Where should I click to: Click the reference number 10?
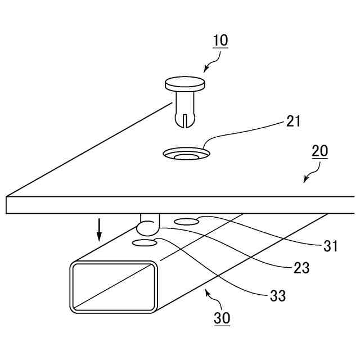point(220,41)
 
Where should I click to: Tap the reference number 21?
point(293,121)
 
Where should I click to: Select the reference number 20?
point(320,151)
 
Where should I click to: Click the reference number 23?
point(301,268)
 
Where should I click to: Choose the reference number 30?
point(222,318)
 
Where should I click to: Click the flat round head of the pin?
point(185,84)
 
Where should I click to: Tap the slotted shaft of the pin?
point(184,110)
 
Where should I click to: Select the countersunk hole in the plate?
point(185,153)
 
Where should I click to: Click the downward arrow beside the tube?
point(99,229)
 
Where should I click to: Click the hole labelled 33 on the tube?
point(145,243)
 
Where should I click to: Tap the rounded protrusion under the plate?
point(148,226)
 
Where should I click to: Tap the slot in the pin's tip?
point(184,120)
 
